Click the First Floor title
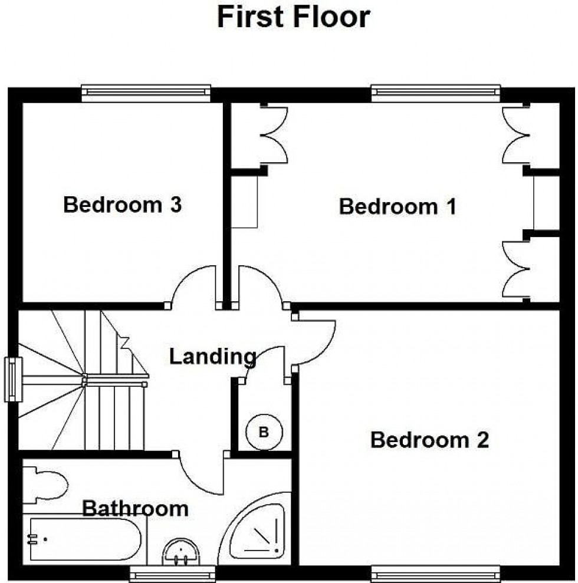coord(293,17)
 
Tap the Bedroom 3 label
coord(122,205)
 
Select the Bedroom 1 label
coord(398,207)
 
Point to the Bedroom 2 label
coord(429,440)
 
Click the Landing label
coord(212,356)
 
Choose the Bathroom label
coord(135,508)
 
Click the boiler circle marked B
coord(264,432)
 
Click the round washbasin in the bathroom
coord(181,553)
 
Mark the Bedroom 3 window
coord(146,93)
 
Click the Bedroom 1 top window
coord(435,93)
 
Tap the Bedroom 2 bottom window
coord(435,572)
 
